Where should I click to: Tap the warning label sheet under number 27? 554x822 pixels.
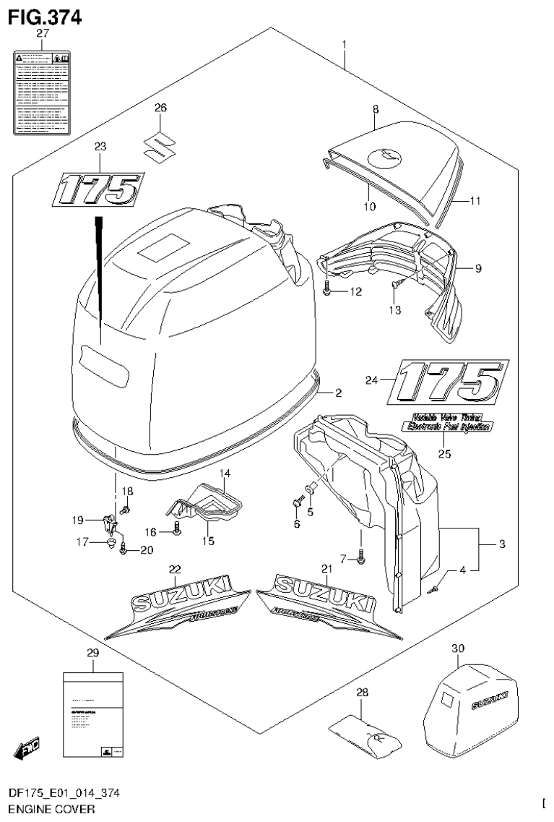coord(42,93)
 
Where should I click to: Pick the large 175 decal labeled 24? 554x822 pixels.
coord(447,381)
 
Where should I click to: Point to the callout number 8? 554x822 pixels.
coord(376,108)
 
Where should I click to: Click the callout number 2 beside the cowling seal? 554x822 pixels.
coord(337,393)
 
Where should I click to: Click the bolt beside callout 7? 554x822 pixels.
coord(361,557)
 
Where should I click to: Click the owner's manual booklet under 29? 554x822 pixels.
coord(92,716)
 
